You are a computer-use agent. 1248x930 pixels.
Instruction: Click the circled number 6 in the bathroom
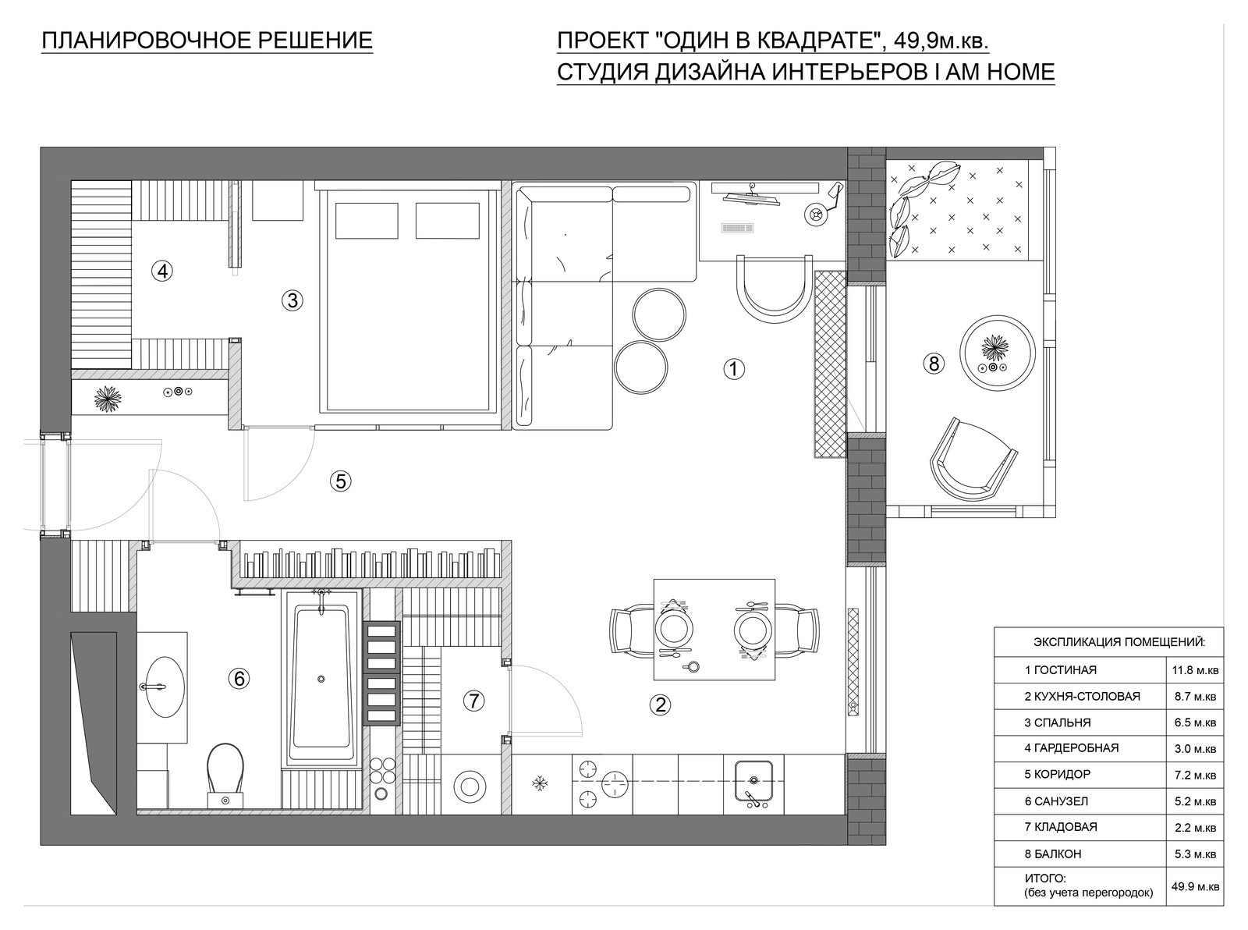[x=239, y=679]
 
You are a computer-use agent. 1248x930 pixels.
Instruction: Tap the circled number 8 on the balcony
[x=934, y=364]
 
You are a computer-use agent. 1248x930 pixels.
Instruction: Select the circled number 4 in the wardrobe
[x=162, y=272]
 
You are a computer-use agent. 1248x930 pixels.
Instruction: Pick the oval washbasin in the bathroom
[x=165, y=687]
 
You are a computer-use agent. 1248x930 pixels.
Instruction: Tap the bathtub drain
[x=321, y=679]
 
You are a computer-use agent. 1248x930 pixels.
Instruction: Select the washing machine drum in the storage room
[x=470, y=786]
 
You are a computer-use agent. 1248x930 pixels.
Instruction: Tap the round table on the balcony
[x=997, y=353]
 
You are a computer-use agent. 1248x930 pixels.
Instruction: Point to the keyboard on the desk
[x=737, y=228]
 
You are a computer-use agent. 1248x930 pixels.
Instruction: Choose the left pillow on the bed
[x=367, y=221]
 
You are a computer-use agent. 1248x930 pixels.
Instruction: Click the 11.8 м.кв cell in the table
[x=1196, y=670]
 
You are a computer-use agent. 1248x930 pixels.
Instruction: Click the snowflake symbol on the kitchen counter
[x=541, y=783]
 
